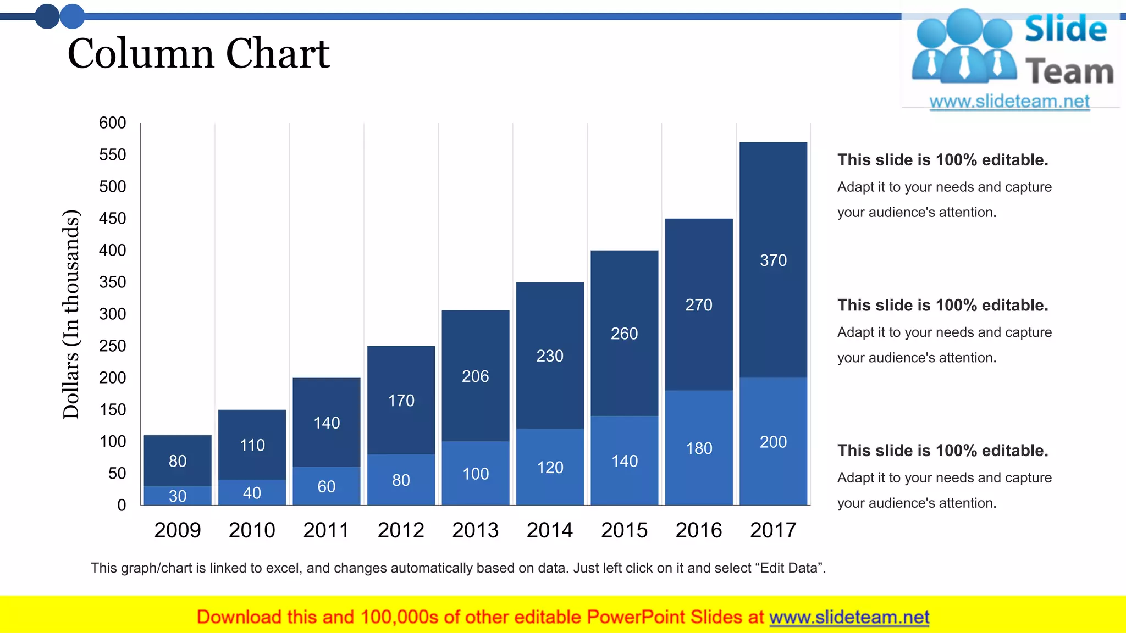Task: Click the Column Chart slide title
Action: [x=198, y=54]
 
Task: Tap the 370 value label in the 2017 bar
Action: [x=773, y=260]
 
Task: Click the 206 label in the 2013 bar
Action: [x=475, y=376]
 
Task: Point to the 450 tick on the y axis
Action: [x=112, y=219]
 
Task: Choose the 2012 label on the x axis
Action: [x=401, y=530]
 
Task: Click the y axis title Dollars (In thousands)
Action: [x=71, y=314]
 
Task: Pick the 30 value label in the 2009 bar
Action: [x=177, y=496]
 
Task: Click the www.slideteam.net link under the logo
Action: [x=1009, y=102]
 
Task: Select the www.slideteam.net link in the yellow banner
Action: [x=849, y=617]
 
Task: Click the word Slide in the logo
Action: [x=1066, y=29]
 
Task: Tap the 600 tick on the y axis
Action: [x=112, y=123]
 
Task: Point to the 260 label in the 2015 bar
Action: [x=624, y=334]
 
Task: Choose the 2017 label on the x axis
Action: [x=773, y=530]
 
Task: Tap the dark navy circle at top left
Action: [x=47, y=16]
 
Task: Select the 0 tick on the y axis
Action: [x=122, y=505]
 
